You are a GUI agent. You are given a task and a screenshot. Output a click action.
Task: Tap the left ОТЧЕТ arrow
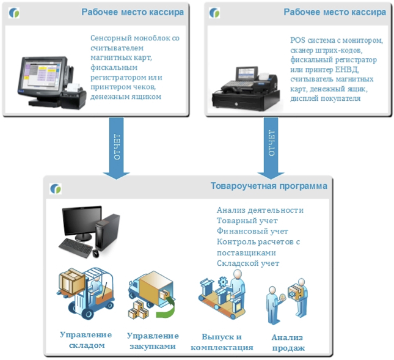coord(117,150)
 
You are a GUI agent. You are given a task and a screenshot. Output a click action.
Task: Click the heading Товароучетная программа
coord(269,186)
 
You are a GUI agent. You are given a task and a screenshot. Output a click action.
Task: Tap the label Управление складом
coord(86,340)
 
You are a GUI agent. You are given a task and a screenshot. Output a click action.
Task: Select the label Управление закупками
coord(153,341)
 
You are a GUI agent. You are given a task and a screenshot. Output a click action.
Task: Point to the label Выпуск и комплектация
coord(222,342)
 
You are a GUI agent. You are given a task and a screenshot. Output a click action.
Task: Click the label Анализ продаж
coord(287,343)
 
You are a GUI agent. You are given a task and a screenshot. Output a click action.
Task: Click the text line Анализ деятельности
coord(260,210)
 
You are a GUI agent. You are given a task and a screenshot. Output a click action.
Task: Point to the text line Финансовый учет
coord(252,231)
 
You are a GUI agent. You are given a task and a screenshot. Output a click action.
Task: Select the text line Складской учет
coord(247,263)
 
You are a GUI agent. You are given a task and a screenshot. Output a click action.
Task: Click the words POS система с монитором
coord(336,40)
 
